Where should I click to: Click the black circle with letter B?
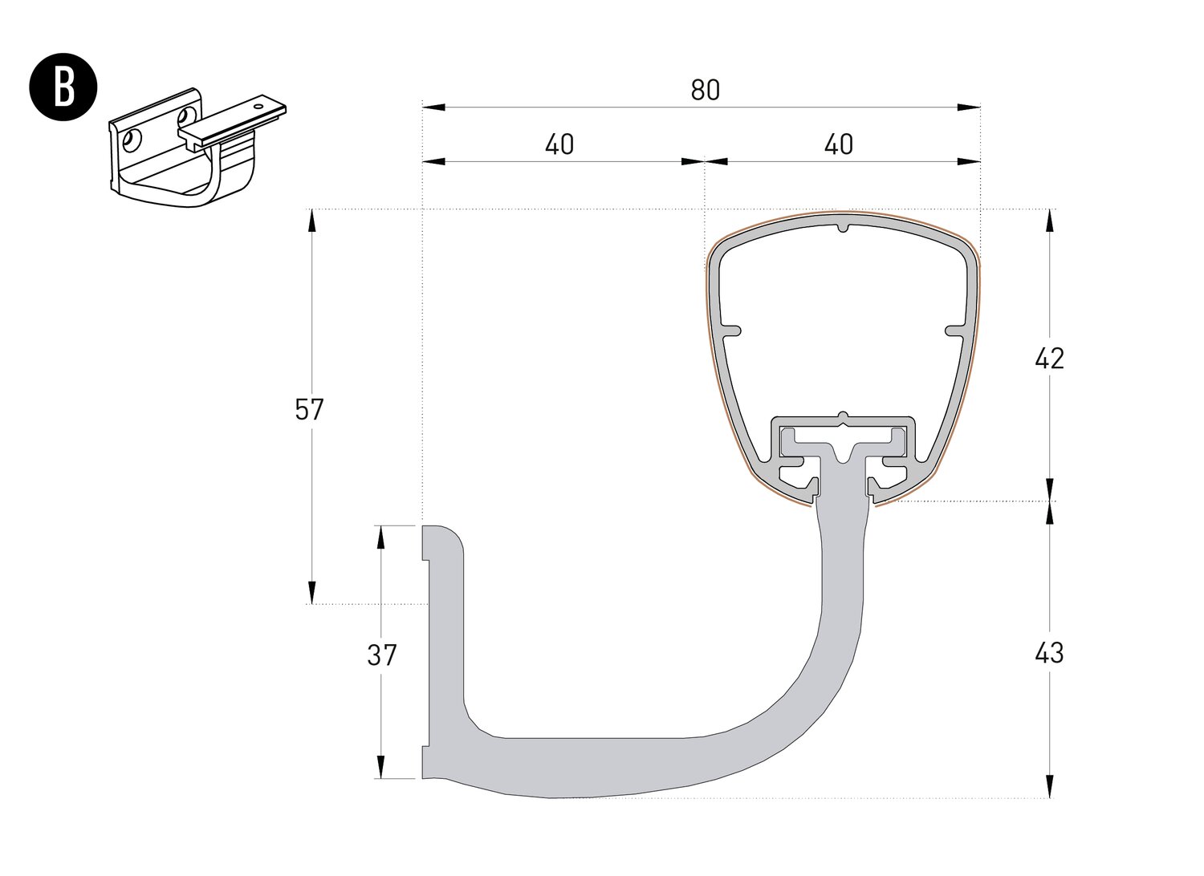click(63, 89)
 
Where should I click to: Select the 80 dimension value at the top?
click(705, 91)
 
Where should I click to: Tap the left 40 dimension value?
click(559, 144)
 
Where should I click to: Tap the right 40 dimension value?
click(839, 144)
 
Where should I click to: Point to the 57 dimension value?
click(309, 410)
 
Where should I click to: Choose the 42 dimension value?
click(1049, 358)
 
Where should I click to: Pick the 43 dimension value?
click(1049, 653)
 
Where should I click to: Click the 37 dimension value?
click(382, 655)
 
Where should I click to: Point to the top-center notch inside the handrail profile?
click(842, 227)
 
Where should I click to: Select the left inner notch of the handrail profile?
click(732, 329)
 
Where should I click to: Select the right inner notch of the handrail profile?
click(954, 329)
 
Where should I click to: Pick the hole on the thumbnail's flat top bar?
click(258, 103)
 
